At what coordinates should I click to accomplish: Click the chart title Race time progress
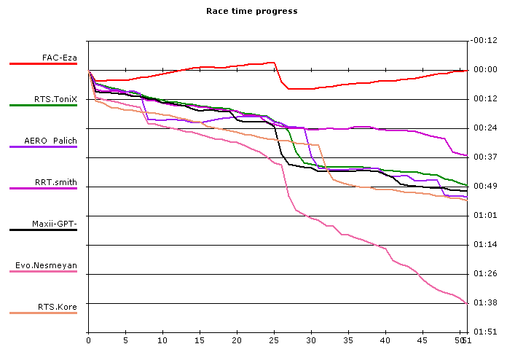click(x=251, y=11)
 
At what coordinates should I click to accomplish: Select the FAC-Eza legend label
click(x=60, y=57)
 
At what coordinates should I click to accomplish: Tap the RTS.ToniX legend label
click(x=55, y=98)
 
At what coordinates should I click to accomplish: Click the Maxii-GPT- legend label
click(x=54, y=223)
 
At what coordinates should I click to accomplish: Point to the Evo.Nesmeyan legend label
click(x=51, y=265)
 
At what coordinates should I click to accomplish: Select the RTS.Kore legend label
click(x=58, y=307)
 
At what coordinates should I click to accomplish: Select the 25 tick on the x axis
click(x=274, y=340)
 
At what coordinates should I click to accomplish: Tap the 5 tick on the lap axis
click(x=125, y=340)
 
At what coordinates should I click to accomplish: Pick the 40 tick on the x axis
click(x=385, y=340)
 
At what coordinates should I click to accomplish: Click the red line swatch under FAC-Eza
click(x=43, y=64)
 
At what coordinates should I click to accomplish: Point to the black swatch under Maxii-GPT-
click(x=43, y=230)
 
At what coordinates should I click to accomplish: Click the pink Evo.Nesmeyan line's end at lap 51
click(x=465, y=302)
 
